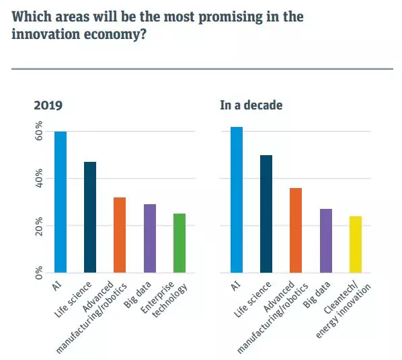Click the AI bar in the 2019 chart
click(61, 202)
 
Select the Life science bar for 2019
click(90, 217)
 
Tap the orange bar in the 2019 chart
click(120, 235)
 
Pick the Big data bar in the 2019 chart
click(150, 238)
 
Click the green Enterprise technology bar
click(179, 243)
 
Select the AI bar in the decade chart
click(237, 199)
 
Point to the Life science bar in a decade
click(266, 214)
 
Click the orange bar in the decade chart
click(296, 230)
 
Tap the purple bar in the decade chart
click(326, 240)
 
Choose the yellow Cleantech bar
click(356, 244)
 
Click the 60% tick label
click(39, 131)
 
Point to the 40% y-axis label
click(39, 179)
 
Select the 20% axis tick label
click(39, 226)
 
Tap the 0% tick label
click(39, 273)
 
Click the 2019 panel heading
click(48, 105)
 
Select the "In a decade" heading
click(251, 105)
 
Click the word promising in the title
click(231, 17)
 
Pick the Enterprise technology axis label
click(164, 299)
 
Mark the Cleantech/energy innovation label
click(344, 310)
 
